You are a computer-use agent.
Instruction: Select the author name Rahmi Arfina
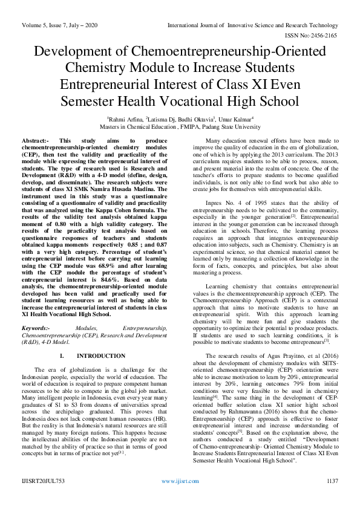tap(126, 120)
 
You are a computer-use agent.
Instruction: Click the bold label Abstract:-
tap(33, 140)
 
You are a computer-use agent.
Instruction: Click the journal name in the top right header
tap(257, 9)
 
